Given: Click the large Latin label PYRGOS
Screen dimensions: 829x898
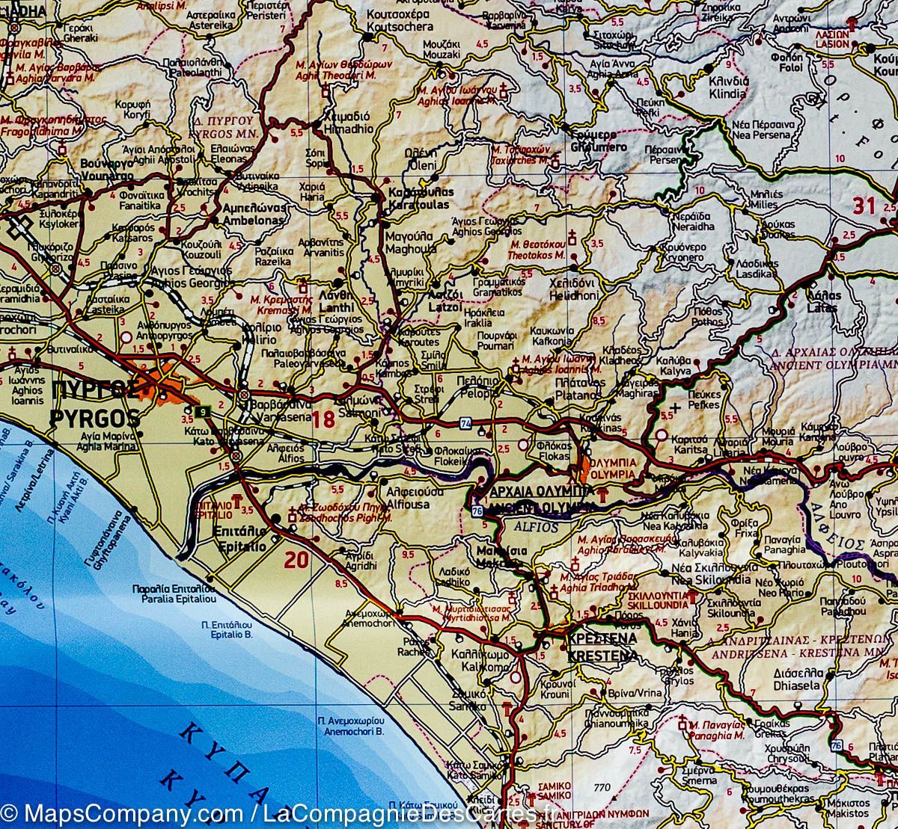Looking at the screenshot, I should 94,417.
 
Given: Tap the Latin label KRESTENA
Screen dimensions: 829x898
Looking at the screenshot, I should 602,656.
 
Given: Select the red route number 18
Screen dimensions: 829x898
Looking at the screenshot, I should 324,419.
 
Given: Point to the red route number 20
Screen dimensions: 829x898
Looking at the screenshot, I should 296,558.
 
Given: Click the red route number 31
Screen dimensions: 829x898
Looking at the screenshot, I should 864,205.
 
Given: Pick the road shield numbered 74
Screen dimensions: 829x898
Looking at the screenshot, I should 466,424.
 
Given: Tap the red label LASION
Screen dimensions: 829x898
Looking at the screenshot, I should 832,44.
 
